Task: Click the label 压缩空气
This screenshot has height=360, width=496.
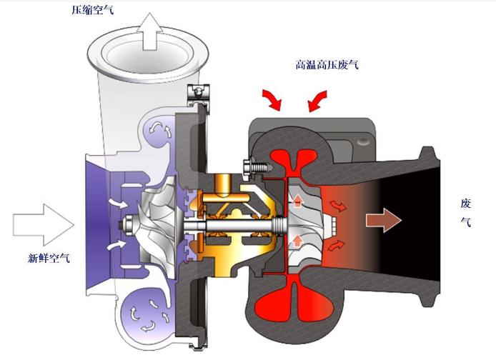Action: click(x=92, y=10)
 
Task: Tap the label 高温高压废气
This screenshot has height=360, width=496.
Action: click(x=327, y=65)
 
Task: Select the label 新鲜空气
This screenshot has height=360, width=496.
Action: click(x=49, y=259)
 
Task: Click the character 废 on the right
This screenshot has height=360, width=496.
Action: click(x=466, y=204)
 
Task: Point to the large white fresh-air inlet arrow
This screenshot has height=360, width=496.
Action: click(x=44, y=225)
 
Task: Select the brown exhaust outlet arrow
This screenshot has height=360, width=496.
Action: click(x=384, y=220)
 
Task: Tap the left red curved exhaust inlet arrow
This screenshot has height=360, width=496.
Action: click(x=272, y=99)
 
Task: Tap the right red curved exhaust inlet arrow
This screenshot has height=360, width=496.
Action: click(x=317, y=101)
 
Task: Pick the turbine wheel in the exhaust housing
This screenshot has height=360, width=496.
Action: click(x=306, y=225)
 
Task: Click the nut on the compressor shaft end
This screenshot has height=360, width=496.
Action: click(x=126, y=224)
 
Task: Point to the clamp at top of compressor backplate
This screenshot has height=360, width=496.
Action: click(x=199, y=94)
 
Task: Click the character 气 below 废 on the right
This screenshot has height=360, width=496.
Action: click(x=466, y=222)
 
